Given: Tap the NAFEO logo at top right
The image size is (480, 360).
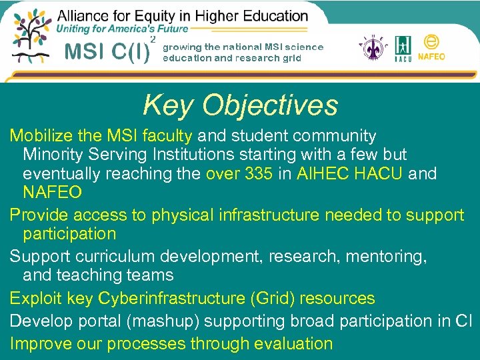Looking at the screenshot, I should [x=431, y=47].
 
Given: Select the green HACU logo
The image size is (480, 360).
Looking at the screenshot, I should [x=403, y=49].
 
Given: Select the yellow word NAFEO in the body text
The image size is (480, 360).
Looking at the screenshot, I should [x=53, y=193].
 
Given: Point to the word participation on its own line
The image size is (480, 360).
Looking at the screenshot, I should [x=69, y=234].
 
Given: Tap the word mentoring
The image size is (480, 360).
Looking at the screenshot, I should [x=386, y=256].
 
